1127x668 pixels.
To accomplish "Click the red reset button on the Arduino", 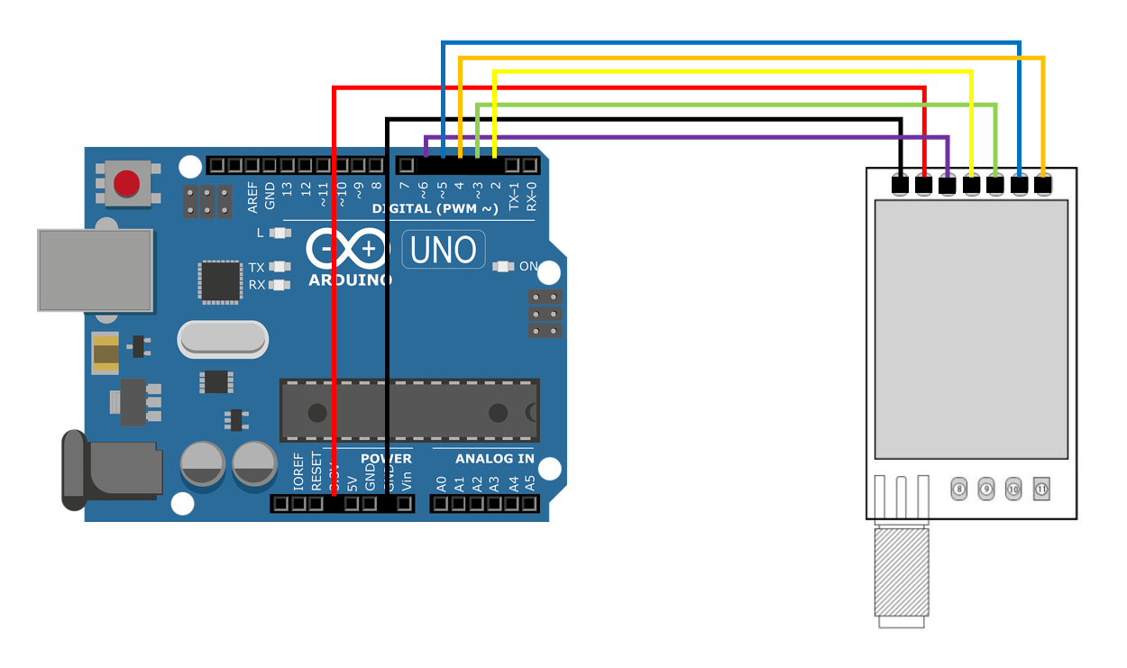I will pyautogui.click(x=126, y=184).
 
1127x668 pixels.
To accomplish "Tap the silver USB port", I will pyautogui.click(x=95, y=270).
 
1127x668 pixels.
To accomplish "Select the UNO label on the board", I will pyautogui.click(x=444, y=250).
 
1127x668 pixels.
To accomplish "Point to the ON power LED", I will pyautogui.click(x=503, y=267).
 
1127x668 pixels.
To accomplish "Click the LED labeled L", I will pyautogui.click(x=281, y=233).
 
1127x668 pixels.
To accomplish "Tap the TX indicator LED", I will pyautogui.click(x=281, y=267).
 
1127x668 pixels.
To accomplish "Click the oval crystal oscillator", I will pyautogui.click(x=223, y=339).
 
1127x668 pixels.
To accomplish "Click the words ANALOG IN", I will pyautogui.click(x=494, y=459).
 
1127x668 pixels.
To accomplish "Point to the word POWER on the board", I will pyautogui.click(x=386, y=459).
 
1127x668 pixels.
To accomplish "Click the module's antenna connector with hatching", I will pyautogui.click(x=902, y=573).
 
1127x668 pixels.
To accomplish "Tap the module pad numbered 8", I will pyautogui.click(x=959, y=490).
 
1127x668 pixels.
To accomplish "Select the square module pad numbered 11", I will pyautogui.click(x=1041, y=490).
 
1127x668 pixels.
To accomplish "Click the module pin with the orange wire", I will pyautogui.click(x=1043, y=186).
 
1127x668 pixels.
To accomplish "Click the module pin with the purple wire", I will pyautogui.click(x=948, y=186).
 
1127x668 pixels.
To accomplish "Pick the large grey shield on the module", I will pyautogui.click(x=971, y=329).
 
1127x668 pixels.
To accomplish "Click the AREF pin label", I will pyautogui.click(x=252, y=197).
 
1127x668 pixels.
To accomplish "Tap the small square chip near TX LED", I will pyautogui.click(x=220, y=281).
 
